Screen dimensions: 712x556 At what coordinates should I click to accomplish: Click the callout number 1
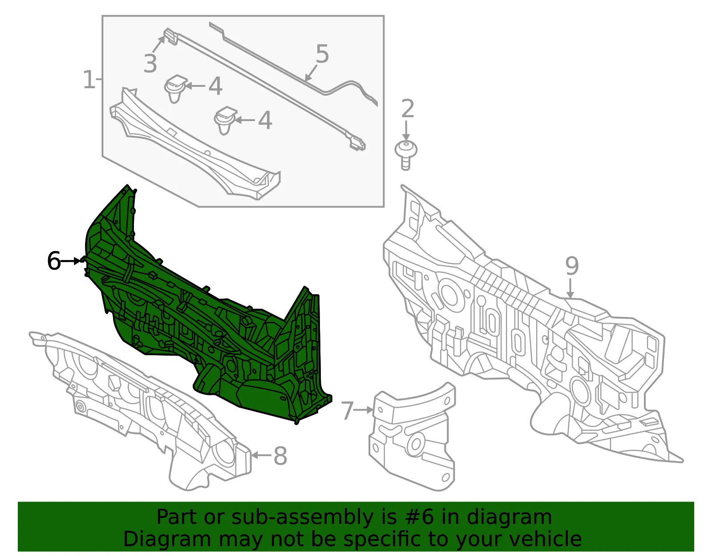[x=89, y=79]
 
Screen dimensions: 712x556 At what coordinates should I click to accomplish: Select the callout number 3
[x=150, y=64]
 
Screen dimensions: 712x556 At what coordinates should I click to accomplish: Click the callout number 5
[x=322, y=54]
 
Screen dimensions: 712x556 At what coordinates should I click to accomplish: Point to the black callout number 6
[x=54, y=261]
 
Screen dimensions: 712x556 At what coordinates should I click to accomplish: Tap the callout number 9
[x=572, y=266]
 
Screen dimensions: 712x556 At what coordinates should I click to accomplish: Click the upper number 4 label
[x=215, y=86]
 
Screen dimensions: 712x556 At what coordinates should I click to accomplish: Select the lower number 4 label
[x=265, y=120]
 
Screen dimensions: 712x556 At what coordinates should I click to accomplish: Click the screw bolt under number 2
[x=406, y=156]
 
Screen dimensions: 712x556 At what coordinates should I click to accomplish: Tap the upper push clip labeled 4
[x=175, y=89]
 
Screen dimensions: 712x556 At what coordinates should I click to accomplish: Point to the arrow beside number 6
[x=71, y=261]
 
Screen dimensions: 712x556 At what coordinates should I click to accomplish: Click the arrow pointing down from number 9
[x=570, y=288]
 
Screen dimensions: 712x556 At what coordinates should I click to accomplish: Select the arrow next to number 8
[x=261, y=455]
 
